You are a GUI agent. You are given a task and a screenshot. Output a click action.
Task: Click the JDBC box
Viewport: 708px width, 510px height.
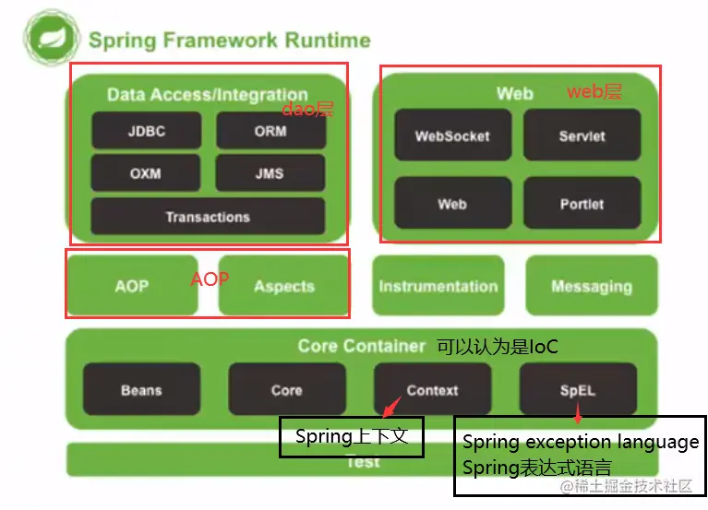(x=146, y=131)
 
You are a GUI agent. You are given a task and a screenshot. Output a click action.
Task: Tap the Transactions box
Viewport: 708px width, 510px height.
(x=208, y=217)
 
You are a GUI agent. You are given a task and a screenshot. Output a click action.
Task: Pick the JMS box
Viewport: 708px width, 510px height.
(x=270, y=173)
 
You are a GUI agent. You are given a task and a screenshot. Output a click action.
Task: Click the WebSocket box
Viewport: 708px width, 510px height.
(x=451, y=136)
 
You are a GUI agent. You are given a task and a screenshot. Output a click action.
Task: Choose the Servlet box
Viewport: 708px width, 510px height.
(x=582, y=136)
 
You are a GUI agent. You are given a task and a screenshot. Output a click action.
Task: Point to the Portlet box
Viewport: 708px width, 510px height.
(x=582, y=204)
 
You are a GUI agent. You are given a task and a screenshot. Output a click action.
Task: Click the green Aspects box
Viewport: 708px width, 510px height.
(x=283, y=286)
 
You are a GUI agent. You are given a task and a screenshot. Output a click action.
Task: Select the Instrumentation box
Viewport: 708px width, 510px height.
(x=438, y=286)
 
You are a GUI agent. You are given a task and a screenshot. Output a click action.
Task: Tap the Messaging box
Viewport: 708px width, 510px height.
(x=592, y=286)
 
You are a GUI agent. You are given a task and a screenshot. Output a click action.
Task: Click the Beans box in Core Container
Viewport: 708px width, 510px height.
(x=141, y=390)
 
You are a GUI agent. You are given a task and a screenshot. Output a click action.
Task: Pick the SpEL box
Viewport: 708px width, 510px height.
(x=578, y=390)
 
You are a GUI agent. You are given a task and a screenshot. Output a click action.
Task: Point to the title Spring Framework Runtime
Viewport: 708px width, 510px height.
(x=229, y=41)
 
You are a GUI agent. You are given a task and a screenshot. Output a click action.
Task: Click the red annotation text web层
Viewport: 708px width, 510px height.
(x=594, y=91)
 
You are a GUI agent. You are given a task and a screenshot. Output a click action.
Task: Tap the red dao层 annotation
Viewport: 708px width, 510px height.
(x=307, y=110)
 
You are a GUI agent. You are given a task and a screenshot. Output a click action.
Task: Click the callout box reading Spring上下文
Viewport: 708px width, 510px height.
(x=351, y=436)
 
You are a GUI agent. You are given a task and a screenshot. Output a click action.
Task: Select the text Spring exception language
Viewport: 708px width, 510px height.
(x=580, y=443)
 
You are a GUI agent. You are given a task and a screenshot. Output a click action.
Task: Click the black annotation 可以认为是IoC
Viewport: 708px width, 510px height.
(x=497, y=347)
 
